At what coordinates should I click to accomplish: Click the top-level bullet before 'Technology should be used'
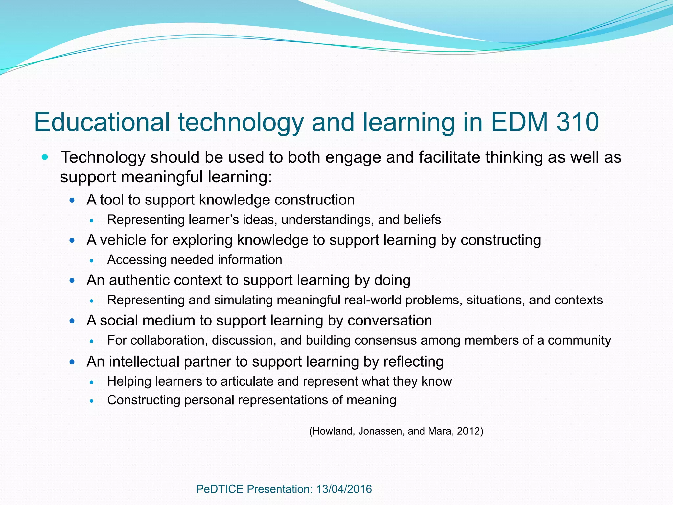pyautogui.click(x=45, y=157)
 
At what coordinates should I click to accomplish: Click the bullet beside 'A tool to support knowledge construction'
pyautogui.click(x=72, y=200)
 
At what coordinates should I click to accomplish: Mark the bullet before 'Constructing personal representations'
pyautogui.click(x=92, y=401)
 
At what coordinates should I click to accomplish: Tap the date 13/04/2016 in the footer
pyautogui.click(x=344, y=489)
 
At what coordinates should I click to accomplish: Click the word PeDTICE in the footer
pyautogui.click(x=220, y=489)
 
